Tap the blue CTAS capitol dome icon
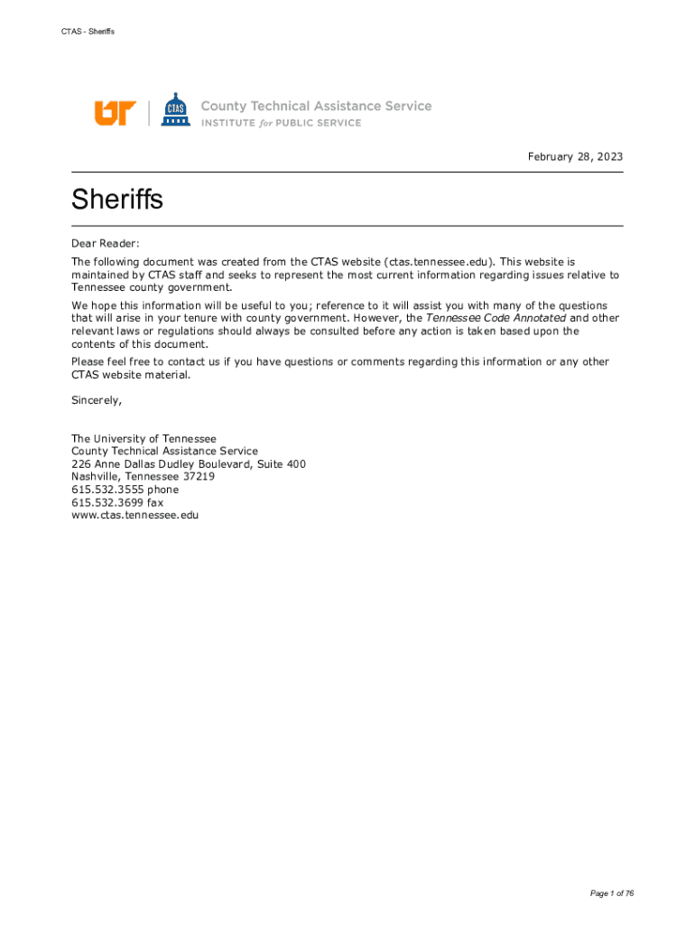[x=175, y=110]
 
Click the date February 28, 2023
[x=575, y=157]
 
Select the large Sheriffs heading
[x=117, y=199]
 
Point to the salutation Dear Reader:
[x=107, y=243]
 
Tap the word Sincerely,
[x=97, y=399]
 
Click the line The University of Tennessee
[x=144, y=438]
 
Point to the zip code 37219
[x=198, y=477]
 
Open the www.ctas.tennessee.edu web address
[x=134, y=515]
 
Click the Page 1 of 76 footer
[x=612, y=893]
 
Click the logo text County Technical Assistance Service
[x=316, y=106]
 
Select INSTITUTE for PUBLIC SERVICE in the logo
[x=281, y=124]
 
